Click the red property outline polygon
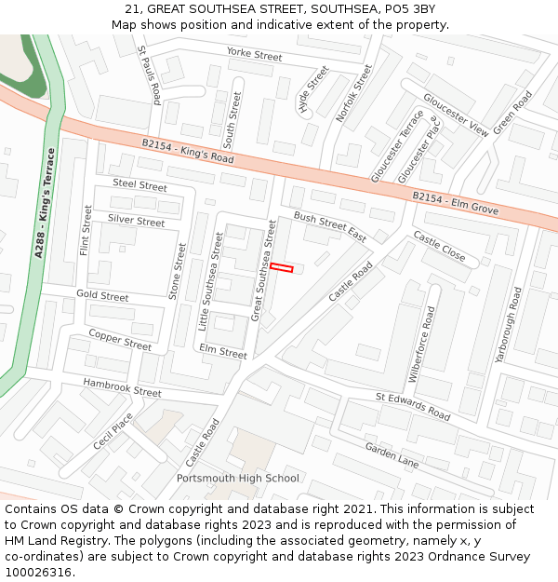click(x=282, y=268)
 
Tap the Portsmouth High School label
click(x=238, y=479)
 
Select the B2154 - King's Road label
click(x=188, y=152)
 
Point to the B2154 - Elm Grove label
click(x=456, y=203)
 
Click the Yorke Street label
click(x=254, y=55)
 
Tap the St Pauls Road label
click(x=150, y=74)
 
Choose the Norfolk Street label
click(x=353, y=93)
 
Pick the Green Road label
click(x=512, y=112)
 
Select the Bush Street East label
click(x=330, y=226)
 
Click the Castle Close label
click(x=439, y=246)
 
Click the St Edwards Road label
click(x=413, y=405)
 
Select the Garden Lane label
click(x=392, y=454)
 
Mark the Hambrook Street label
click(x=122, y=387)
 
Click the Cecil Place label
click(x=113, y=432)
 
